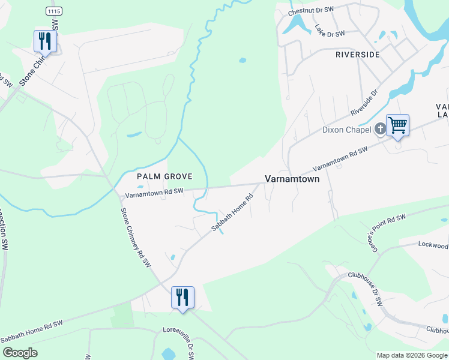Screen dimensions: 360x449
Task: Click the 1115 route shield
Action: click(x=54, y=11)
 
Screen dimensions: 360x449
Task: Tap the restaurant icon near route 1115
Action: click(x=45, y=41)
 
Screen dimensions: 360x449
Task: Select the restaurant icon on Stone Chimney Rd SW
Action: click(x=182, y=296)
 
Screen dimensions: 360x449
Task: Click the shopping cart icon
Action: click(x=397, y=125)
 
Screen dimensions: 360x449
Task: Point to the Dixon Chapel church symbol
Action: click(x=379, y=128)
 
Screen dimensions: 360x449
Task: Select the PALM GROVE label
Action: click(x=164, y=176)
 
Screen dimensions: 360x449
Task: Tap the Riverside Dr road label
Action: click(x=364, y=103)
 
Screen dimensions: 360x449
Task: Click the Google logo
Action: click(x=20, y=353)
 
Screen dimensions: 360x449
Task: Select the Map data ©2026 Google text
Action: click(x=411, y=355)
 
